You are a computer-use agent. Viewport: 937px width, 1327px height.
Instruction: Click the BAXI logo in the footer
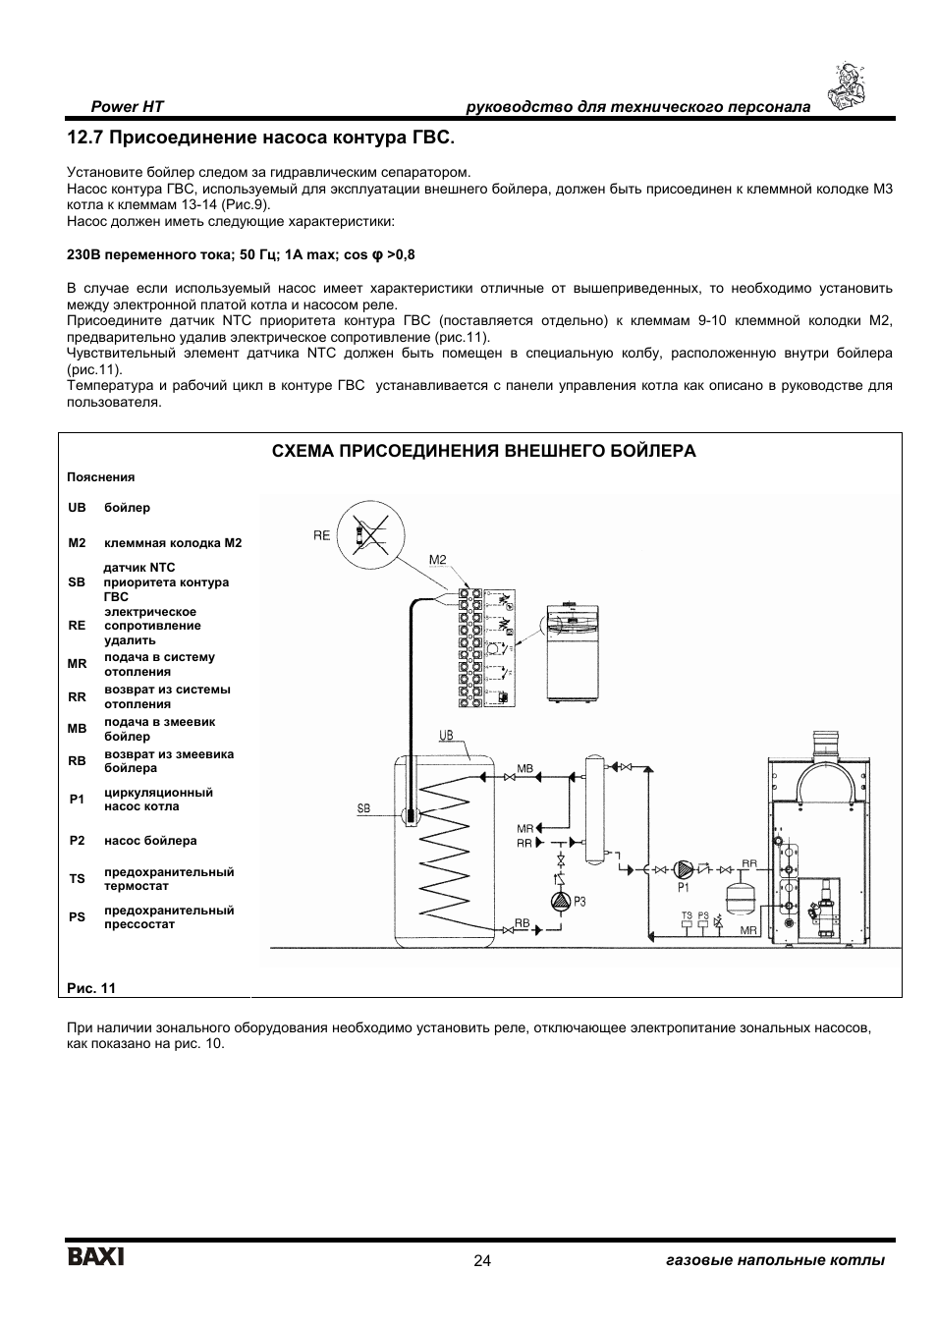(95, 1258)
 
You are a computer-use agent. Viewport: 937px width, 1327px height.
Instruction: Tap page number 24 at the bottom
(481, 1261)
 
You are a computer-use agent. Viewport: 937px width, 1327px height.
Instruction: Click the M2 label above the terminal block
(438, 560)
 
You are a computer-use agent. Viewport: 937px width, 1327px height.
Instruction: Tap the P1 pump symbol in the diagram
(686, 868)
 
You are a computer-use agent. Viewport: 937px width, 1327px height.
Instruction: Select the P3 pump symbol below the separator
(560, 900)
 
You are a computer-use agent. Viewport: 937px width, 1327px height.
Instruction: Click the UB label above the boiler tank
(446, 735)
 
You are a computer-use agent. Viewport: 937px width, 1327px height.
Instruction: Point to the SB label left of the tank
(363, 809)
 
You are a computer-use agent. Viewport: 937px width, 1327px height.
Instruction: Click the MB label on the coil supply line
(524, 767)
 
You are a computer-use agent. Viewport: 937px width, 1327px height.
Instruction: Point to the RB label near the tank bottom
(522, 924)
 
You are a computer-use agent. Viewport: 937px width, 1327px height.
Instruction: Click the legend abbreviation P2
(77, 841)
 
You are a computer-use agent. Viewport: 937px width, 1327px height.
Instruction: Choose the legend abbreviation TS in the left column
(77, 879)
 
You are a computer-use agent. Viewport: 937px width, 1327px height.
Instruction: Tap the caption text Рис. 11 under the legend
(91, 988)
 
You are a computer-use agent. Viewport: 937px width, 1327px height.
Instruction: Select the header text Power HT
(128, 106)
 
